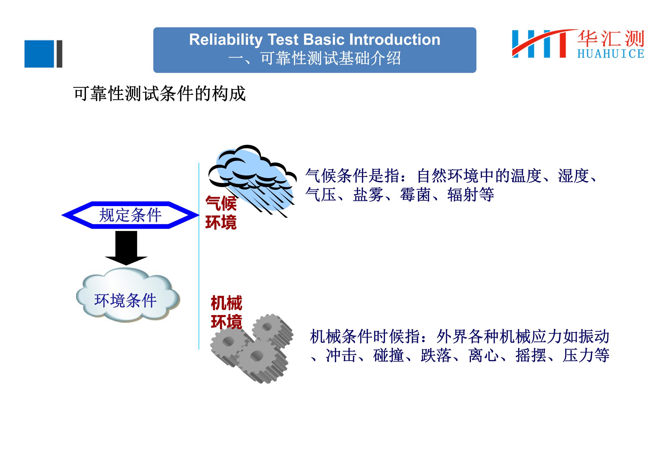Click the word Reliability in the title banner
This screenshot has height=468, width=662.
point(226,40)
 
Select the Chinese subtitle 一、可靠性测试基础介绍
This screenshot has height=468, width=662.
point(314,59)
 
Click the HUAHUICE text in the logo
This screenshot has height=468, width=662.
point(611,54)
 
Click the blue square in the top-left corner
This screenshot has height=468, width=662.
point(39,54)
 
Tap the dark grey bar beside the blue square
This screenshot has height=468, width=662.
point(59,54)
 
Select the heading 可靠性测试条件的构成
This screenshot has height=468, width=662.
point(159,94)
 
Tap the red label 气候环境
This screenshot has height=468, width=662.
point(221,213)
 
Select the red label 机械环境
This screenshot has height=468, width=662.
point(226,312)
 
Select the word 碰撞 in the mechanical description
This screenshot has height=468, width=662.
point(388,356)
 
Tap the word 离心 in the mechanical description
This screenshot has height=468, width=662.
point(483,356)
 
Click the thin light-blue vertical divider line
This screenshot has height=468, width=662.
point(199,256)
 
